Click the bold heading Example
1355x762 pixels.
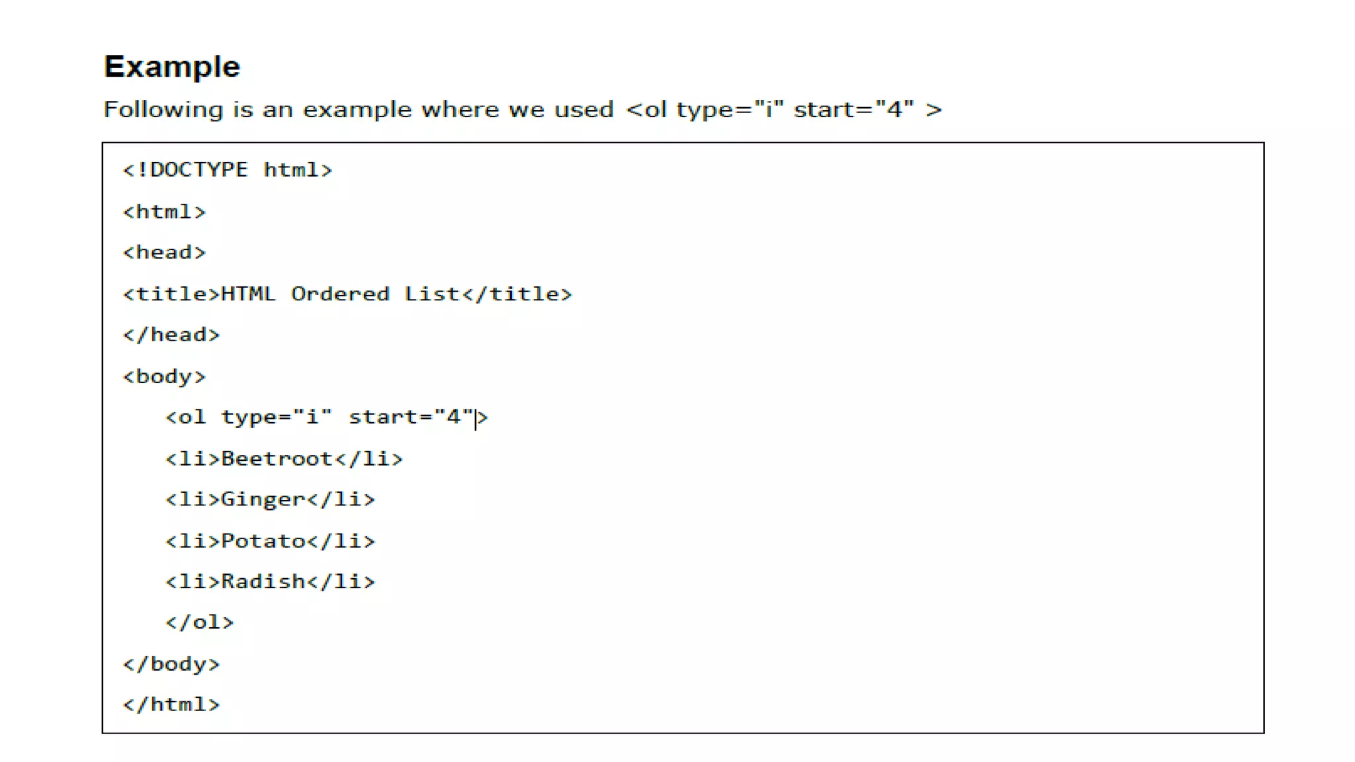[x=172, y=67]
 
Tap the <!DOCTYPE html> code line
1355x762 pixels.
[x=228, y=170]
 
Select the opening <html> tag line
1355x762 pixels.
[x=164, y=212]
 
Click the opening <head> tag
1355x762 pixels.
[x=164, y=253]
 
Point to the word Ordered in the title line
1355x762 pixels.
[x=340, y=294]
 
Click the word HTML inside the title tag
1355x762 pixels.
[x=248, y=294]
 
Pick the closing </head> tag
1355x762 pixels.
[x=171, y=335]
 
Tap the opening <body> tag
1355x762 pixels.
[x=164, y=376]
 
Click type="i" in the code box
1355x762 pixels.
[x=276, y=417]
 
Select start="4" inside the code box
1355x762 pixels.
[x=411, y=417]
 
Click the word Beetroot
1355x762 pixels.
[x=277, y=458]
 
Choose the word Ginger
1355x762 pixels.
[x=263, y=499]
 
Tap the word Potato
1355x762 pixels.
[x=263, y=541]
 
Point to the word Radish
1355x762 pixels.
[x=263, y=581]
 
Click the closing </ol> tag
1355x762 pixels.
[x=199, y=622]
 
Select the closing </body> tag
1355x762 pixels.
[x=171, y=663]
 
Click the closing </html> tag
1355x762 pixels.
[x=171, y=704]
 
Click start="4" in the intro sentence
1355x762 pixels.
[x=853, y=110]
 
